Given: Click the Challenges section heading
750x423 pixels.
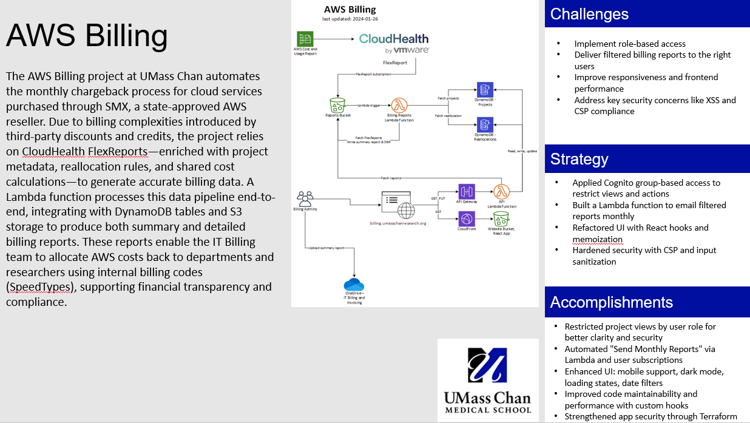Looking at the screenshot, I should point(589,14).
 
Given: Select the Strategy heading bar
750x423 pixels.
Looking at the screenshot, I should point(579,160).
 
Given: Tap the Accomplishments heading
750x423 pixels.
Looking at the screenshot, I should point(611,302).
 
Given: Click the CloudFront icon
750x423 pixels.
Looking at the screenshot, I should point(466,218).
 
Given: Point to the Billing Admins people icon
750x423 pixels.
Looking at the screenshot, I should point(305,198).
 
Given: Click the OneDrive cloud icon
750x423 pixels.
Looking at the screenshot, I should point(354,285).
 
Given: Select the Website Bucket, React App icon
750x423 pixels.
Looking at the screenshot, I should point(501,218).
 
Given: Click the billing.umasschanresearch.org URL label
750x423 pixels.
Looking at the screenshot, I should point(398,223).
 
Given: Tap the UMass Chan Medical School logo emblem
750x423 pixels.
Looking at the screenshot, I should point(487,367).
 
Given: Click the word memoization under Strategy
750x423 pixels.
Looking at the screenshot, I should point(597,239).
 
